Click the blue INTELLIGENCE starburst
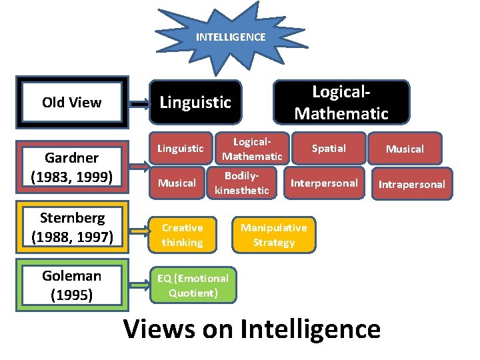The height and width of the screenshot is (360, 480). tap(230, 37)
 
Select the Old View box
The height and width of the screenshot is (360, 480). tap(72, 102)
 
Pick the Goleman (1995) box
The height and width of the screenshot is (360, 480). tap(72, 285)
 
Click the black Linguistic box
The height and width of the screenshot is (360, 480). tap(195, 102)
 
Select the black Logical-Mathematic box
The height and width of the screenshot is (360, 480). tap(341, 102)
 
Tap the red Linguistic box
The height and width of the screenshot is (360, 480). tap(181, 148)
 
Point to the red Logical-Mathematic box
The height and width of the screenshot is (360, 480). tap(252, 149)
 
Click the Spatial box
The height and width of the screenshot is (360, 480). tap(329, 148)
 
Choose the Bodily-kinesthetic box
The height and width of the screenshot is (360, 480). tap(241, 183)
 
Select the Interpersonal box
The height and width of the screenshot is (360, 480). tap(324, 183)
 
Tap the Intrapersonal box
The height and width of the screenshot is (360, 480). tap(412, 184)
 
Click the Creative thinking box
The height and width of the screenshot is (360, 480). tap(182, 235)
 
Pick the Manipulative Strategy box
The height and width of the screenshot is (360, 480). tap(274, 235)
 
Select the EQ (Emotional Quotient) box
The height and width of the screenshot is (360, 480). tap(193, 285)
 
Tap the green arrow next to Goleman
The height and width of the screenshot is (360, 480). tap(139, 284)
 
